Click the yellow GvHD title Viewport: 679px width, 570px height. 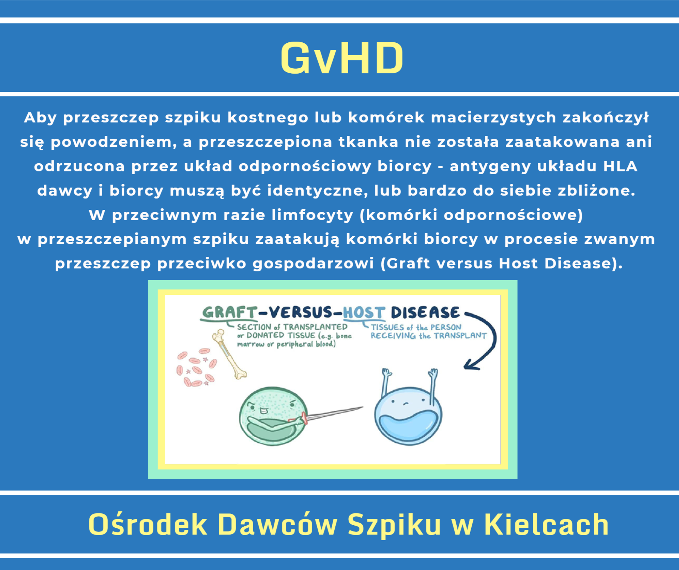click(x=342, y=58)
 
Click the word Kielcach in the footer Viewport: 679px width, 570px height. click(x=546, y=524)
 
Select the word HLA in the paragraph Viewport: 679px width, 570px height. click(x=620, y=166)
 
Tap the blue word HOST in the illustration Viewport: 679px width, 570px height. click(x=364, y=313)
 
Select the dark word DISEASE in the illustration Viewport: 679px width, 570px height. click(x=425, y=313)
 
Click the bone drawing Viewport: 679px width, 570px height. click(x=229, y=354)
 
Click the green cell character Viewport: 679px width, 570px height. click(x=273, y=416)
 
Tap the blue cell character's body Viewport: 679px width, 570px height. click(x=408, y=416)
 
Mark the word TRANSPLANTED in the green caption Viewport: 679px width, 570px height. click(x=315, y=327)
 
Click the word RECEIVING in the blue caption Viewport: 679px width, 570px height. click(x=393, y=336)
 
